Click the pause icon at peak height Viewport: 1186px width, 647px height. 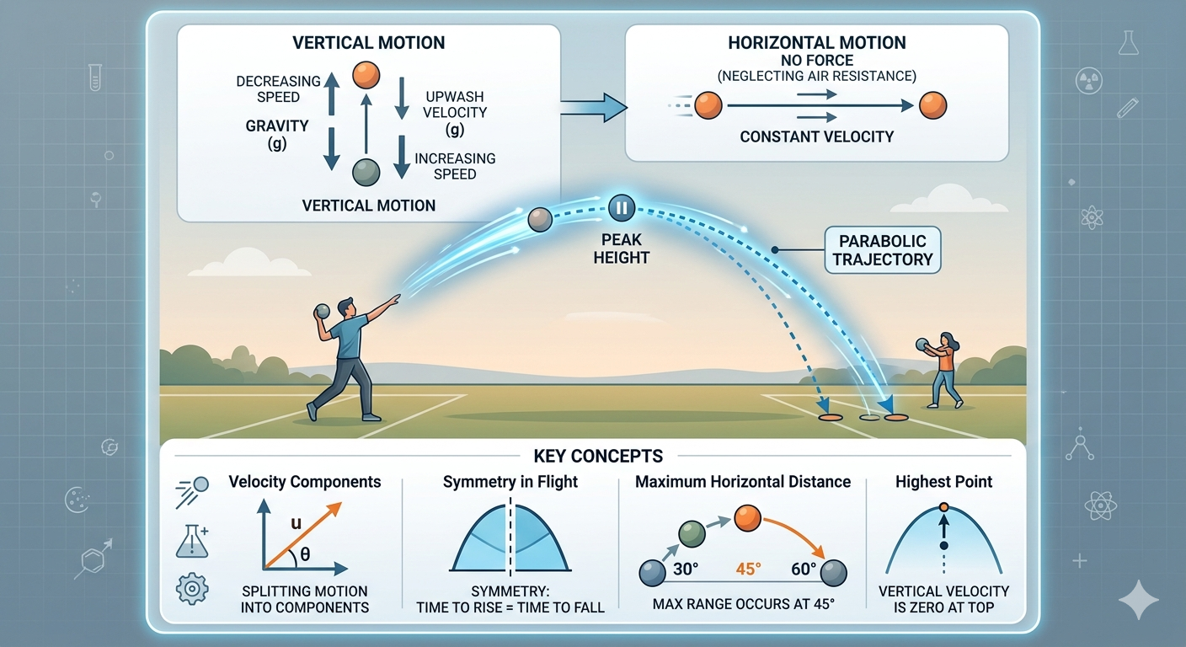click(x=620, y=206)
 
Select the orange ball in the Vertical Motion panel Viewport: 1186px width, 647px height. click(x=367, y=76)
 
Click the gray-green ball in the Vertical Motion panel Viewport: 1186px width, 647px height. click(x=367, y=171)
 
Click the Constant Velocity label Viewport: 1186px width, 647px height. click(x=816, y=136)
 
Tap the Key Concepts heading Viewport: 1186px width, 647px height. click(x=598, y=457)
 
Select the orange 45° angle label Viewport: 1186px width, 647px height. click(x=748, y=569)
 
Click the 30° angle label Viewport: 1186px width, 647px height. click(x=686, y=569)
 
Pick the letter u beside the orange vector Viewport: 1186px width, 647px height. click(x=296, y=522)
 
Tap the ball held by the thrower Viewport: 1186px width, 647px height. click(x=320, y=312)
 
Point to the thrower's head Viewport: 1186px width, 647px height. click(x=348, y=305)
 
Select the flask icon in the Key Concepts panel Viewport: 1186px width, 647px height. click(x=191, y=542)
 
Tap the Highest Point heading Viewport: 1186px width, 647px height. click(x=943, y=482)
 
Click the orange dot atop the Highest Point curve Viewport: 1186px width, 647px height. click(x=943, y=507)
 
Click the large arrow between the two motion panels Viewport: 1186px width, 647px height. click(x=593, y=107)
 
